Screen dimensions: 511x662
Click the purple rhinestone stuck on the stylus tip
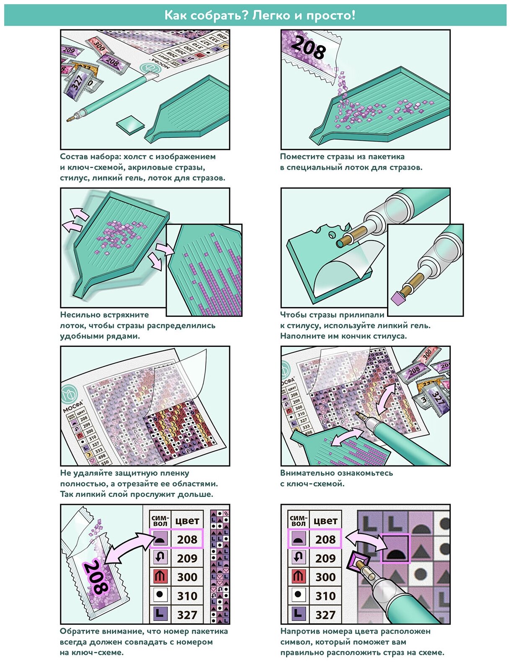coord(397,297)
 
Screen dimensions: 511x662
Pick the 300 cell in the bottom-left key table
coord(187,577)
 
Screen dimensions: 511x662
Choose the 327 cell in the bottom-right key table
coord(325,615)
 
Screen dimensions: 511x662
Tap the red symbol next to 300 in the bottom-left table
coord(160,577)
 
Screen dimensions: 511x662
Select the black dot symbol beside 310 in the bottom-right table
coord(298,595)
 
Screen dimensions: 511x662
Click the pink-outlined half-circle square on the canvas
coord(395,548)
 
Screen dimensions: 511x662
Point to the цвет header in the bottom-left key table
coord(187,521)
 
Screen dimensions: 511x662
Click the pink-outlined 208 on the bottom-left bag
coord(97,578)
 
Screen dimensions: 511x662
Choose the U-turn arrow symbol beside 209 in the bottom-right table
coord(298,558)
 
